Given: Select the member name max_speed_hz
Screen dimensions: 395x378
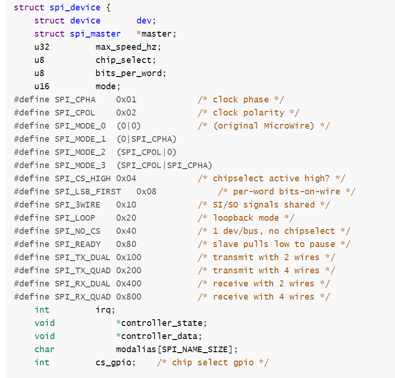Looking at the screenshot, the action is (126, 47).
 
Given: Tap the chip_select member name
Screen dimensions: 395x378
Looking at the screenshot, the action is (123, 60).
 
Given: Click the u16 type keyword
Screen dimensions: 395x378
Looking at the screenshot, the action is (42, 86).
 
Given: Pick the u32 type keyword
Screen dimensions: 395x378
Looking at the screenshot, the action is (42, 47).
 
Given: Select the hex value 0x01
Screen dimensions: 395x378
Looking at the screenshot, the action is (126, 100).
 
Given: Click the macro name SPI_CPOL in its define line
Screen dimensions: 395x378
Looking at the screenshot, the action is (75, 113).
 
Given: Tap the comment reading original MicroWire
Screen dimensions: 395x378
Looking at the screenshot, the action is (263, 126).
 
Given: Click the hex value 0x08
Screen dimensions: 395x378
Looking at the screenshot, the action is (146, 192).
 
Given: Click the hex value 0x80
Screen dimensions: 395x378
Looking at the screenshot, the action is (126, 244).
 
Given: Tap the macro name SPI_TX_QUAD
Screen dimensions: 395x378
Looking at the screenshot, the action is (82, 270).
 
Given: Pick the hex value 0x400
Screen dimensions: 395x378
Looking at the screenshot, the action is (128, 284).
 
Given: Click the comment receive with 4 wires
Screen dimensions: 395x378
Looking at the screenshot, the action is (263, 297).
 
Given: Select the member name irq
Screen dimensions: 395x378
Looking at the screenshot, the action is (103, 310).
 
